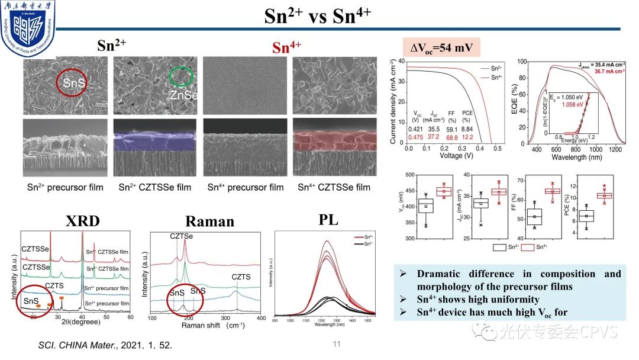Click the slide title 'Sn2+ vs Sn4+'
click(318, 15)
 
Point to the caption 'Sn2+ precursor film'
click(65, 188)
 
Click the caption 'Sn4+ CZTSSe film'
click(334, 188)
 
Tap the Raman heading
click(210, 221)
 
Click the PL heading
click(329, 220)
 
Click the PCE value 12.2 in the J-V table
click(483, 137)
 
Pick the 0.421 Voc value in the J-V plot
click(417, 128)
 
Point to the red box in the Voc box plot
click(444, 191)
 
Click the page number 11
click(337, 344)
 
